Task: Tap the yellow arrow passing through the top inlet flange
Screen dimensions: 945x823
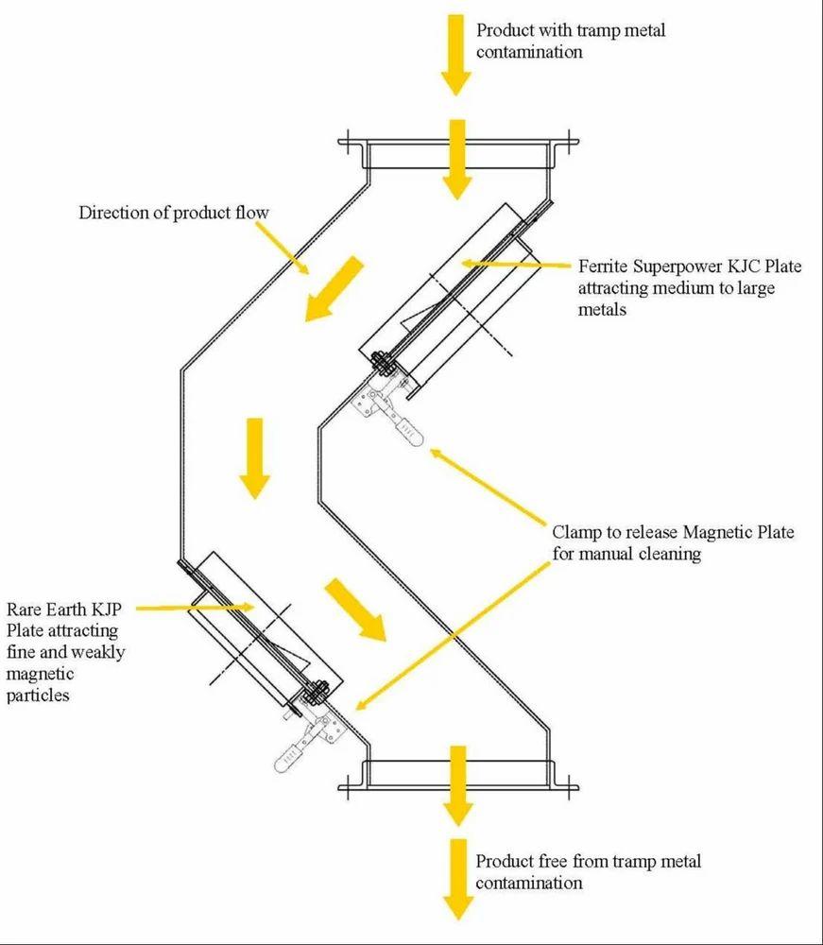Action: coord(456,158)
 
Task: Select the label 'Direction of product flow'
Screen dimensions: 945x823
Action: coord(173,212)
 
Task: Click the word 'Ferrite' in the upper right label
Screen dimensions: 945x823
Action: coord(606,266)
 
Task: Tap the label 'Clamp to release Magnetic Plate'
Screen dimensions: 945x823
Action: coord(672,533)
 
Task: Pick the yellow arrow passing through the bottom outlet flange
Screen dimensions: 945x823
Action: coord(458,783)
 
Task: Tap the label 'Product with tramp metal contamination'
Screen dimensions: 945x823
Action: coord(571,41)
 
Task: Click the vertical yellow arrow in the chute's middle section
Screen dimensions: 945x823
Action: coord(253,458)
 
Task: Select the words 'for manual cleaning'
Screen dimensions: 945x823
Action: coord(627,555)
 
